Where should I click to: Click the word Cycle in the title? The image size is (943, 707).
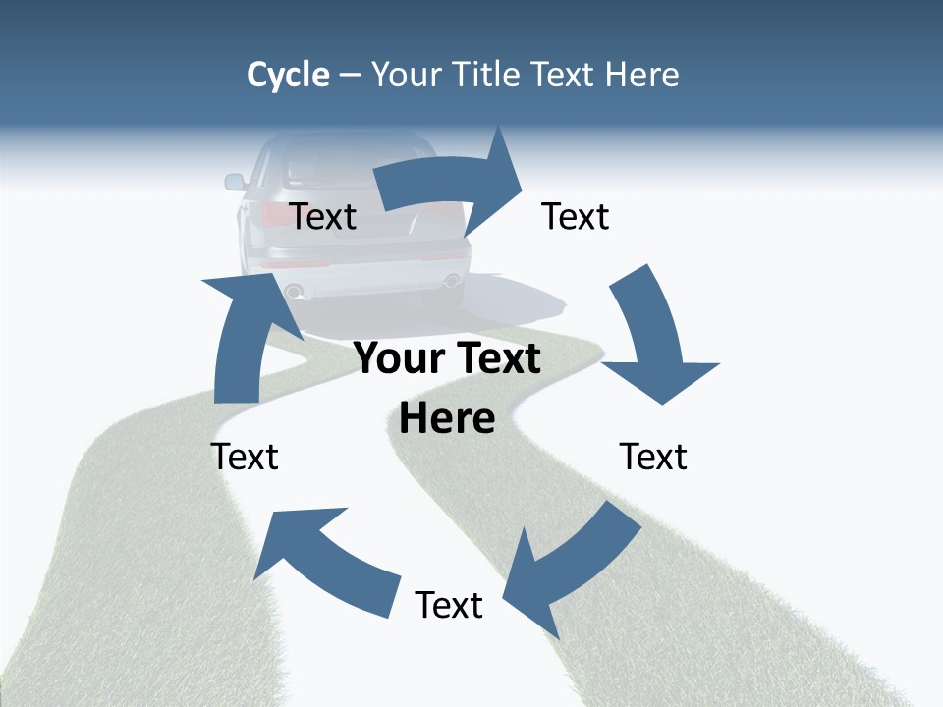coord(288,75)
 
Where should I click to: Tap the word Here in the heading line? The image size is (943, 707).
coord(642,75)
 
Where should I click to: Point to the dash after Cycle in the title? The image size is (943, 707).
coord(350,76)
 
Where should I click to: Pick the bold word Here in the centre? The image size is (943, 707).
coord(447,418)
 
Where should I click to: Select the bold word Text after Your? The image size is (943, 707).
coord(495,358)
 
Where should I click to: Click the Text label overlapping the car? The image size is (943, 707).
coord(323,216)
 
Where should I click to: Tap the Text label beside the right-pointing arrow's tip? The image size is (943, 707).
coord(576,216)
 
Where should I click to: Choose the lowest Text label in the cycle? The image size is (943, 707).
coord(449,605)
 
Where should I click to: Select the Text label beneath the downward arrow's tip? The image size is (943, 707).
coord(653,457)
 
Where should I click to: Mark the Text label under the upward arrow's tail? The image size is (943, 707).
coord(245,457)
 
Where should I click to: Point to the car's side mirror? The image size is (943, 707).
coord(235,182)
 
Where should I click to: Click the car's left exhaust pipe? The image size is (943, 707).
coord(294,291)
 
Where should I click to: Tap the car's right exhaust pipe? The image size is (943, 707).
coord(451,281)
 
